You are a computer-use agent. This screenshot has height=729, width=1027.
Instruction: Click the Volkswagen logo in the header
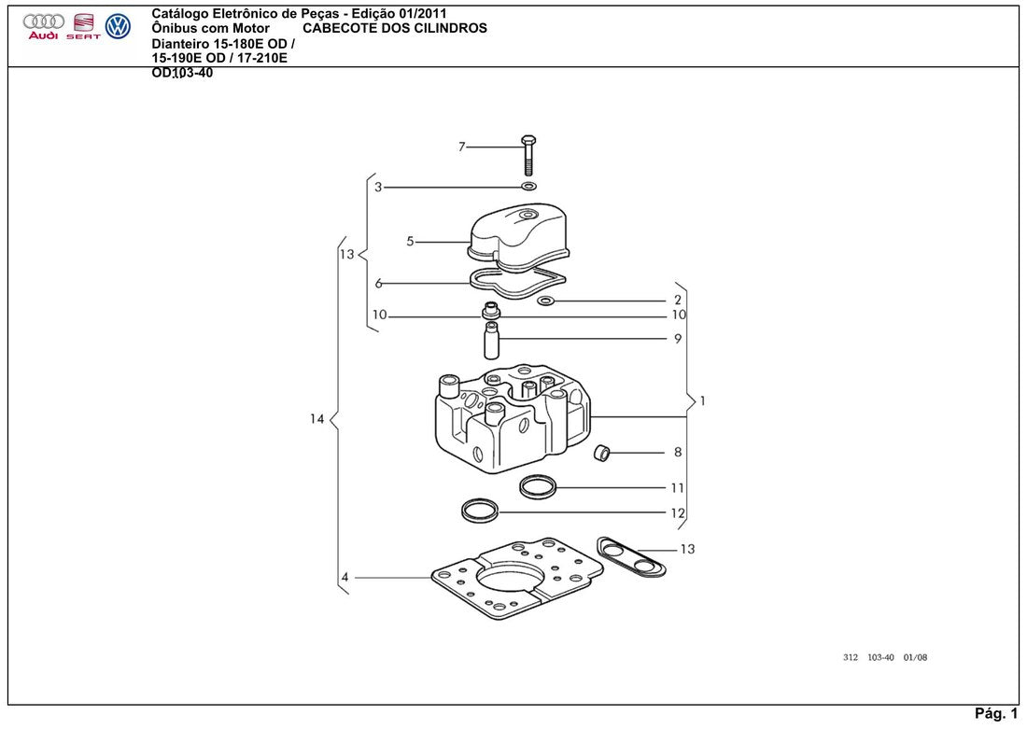click(118, 26)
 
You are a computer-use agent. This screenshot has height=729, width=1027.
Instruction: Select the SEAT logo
click(83, 26)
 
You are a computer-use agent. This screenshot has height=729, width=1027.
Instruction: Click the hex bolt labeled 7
click(528, 155)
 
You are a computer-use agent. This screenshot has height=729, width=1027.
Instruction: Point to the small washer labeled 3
click(528, 187)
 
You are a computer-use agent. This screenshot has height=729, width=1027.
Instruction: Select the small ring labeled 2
click(545, 301)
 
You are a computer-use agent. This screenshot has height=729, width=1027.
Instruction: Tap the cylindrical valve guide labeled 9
click(491, 340)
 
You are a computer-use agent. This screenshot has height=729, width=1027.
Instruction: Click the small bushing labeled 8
click(601, 452)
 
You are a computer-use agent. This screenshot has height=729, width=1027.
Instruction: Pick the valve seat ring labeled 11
click(538, 486)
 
